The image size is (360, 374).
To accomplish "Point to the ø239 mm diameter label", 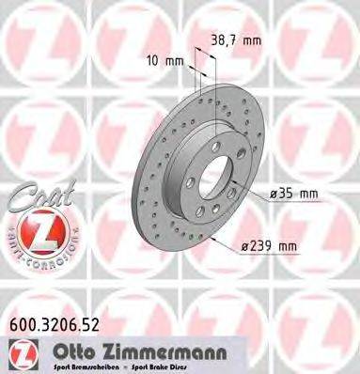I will click(x=270, y=247).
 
